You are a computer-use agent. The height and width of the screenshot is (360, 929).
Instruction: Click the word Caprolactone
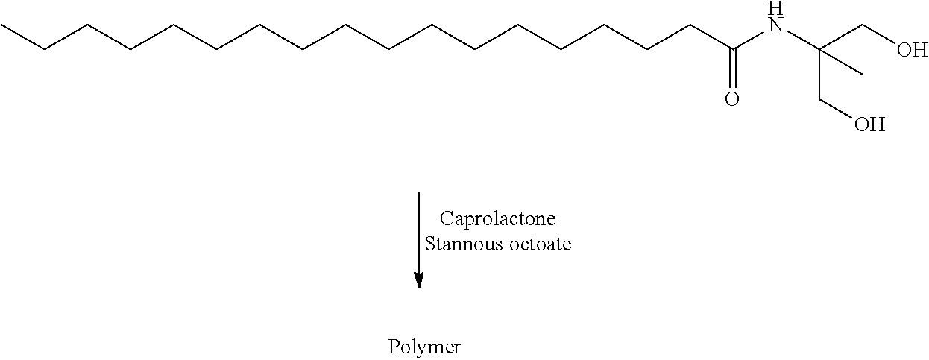click(x=498, y=219)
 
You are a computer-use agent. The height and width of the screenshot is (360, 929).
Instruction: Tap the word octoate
click(x=541, y=244)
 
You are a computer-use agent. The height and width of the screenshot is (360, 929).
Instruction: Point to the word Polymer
click(x=424, y=347)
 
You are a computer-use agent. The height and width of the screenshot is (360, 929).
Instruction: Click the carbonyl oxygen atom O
click(x=732, y=98)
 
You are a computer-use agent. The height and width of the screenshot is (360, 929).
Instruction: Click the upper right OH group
click(x=912, y=50)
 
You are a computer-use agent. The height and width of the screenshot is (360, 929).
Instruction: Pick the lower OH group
click(x=869, y=124)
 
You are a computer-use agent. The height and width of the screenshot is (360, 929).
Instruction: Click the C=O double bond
click(x=732, y=69)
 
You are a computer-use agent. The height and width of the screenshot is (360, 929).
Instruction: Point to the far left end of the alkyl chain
click(x=2, y=25)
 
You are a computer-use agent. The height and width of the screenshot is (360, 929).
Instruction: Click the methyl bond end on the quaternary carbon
click(x=863, y=75)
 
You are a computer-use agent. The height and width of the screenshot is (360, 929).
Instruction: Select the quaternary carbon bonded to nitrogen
click(x=820, y=50)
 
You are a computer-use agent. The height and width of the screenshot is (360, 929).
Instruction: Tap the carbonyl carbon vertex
click(x=733, y=50)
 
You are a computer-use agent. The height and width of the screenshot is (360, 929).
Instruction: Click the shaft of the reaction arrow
click(x=419, y=233)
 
